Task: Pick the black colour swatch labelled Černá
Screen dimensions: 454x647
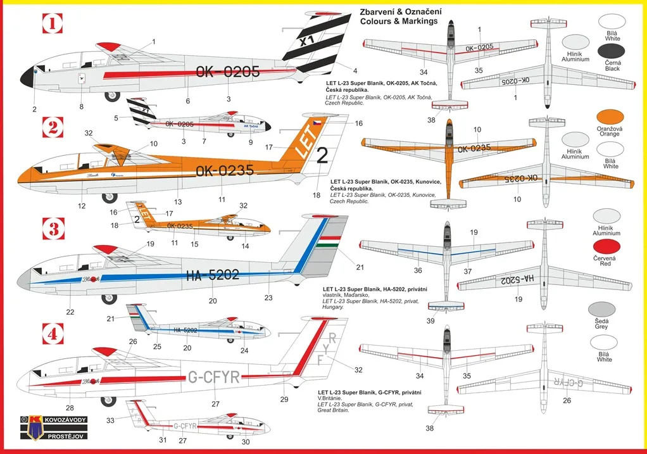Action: tap(609, 51)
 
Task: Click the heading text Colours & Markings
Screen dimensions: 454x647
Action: tap(398, 21)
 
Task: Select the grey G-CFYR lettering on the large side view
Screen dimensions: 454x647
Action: tap(214, 377)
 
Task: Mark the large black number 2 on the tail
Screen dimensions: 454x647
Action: tap(322, 155)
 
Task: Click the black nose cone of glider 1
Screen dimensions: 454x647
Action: tap(27, 77)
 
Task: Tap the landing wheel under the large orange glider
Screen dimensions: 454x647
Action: tap(109, 198)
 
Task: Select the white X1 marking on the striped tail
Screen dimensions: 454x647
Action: tap(306, 41)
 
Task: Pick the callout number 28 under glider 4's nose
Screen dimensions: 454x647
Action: tap(70, 408)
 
